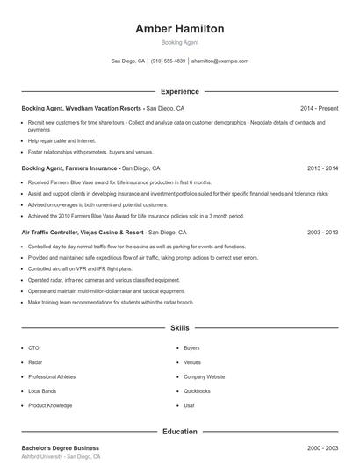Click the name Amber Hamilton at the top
coord(179,29)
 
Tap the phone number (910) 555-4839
coord(168,61)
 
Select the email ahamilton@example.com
coord(220,61)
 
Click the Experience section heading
coord(179,91)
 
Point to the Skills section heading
coord(179,328)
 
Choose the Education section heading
coord(179,432)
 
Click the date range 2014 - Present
coord(319,108)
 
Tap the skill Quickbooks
coord(197,390)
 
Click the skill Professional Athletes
coord(53,376)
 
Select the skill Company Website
coord(204,376)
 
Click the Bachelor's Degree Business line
coord(61,447)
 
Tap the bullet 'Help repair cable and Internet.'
coord(61,140)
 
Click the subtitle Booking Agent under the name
coord(179,42)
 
